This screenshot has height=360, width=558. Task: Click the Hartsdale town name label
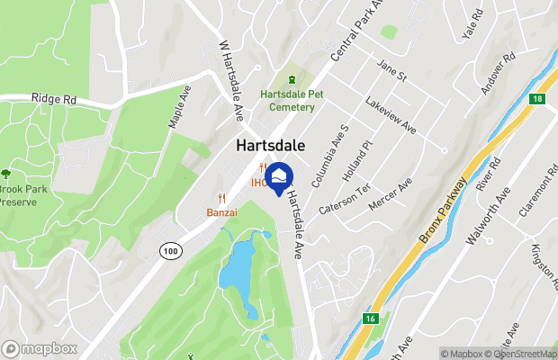click(x=271, y=145)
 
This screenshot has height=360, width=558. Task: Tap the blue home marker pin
click(x=280, y=178)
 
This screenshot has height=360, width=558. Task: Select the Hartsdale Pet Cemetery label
click(x=287, y=100)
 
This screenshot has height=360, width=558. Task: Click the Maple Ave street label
click(x=180, y=106)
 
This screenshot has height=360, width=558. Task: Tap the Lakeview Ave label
click(x=390, y=115)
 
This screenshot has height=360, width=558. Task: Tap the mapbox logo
click(x=40, y=348)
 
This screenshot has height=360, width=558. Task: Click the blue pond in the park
click(x=238, y=265)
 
